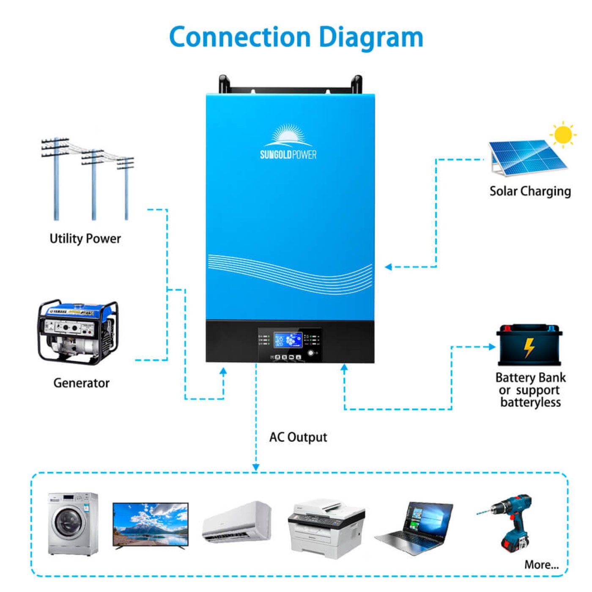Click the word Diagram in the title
coord(371,38)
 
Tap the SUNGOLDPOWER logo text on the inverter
coord(288,154)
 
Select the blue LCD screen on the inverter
coord(288,340)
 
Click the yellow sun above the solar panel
coord(563,135)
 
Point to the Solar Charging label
coord(530,192)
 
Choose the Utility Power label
coord(85,239)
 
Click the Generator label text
coord(81,383)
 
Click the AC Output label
coord(298,437)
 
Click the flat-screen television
coord(150,526)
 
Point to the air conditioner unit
coord(237,522)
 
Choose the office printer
coord(326,529)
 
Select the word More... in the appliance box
coord(541,565)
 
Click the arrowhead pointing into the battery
coord(492,347)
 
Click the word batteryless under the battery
coord(530,402)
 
